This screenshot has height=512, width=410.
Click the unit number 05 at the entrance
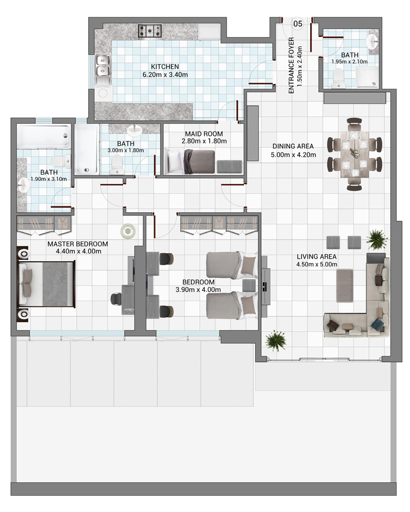click(x=298, y=24)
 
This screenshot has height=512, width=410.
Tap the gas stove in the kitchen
click(x=150, y=31)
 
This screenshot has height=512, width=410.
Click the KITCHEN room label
click(x=165, y=67)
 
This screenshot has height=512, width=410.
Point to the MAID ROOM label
click(x=203, y=134)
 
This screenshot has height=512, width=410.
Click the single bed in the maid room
click(x=191, y=162)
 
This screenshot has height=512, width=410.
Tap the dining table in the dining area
click(x=355, y=154)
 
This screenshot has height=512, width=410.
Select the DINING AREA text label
click(x=293, y=146)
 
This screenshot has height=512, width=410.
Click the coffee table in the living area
click(x=344, y=285)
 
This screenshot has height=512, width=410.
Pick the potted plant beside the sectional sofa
click(x=377, y=239)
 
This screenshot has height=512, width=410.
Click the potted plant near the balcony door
click(x=276, y=340)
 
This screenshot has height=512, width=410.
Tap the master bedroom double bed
click(x=47, y=284)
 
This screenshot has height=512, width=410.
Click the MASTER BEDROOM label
click(x=77, y=244)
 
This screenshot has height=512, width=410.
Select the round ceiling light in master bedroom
click(x=128, y=231)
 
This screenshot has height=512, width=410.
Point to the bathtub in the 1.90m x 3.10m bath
click(x=44, y=136)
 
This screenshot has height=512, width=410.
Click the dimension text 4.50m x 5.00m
click(x=317, y=265)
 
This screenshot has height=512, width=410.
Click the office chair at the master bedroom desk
click(x=116, y=298)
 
